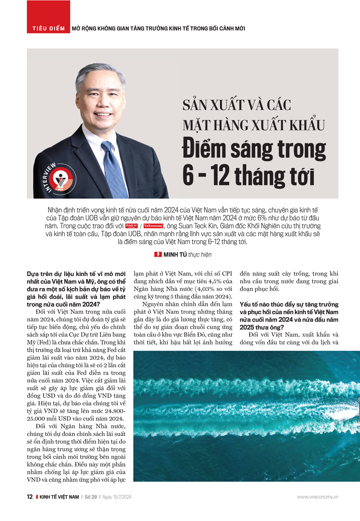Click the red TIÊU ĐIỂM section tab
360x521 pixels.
pyautogui.click(x=48, y=28)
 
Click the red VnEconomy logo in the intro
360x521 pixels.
pyautogui.click(x=153, y=226)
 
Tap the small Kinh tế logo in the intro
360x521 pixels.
pyautogui.click(x=131, y=226)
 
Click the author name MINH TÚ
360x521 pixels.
pyautogui.click(x=175, y=255)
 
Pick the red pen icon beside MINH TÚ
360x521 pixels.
pyautogui.click(x=158, y=255)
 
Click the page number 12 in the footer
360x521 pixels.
pyautogui.click(x=30, y=497)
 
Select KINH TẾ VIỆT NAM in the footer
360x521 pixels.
pyautogui.click(x=59, y=497)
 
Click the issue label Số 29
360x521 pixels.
pyautogui.click(x=91, y=497)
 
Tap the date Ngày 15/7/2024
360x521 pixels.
pyautogui.click(x=117, y=497)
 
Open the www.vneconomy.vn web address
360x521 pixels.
pyautogui.click(x=318, y=497)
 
